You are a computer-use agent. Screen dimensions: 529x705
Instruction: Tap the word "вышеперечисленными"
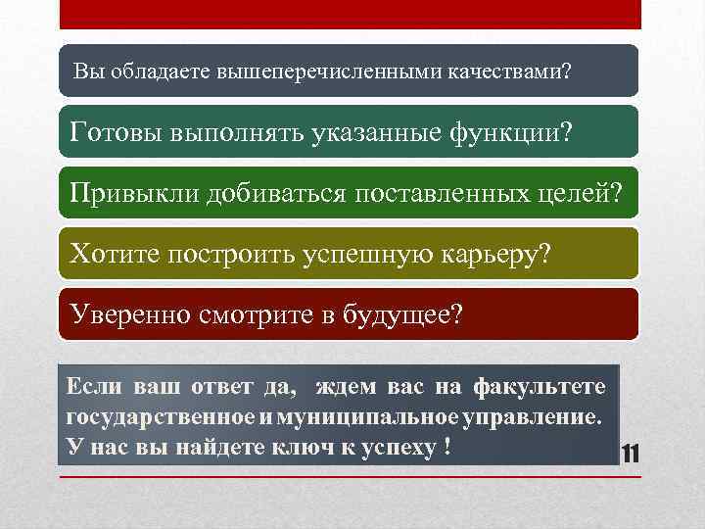[305, 72]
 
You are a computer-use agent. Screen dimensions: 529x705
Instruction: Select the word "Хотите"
[116, 254]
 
